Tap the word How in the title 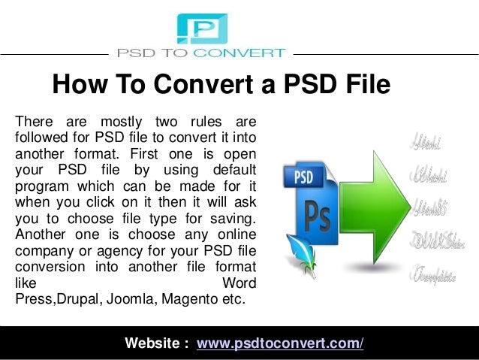pos(77,85)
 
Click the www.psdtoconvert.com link pos(280,344)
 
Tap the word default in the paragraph pos(230,166)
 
